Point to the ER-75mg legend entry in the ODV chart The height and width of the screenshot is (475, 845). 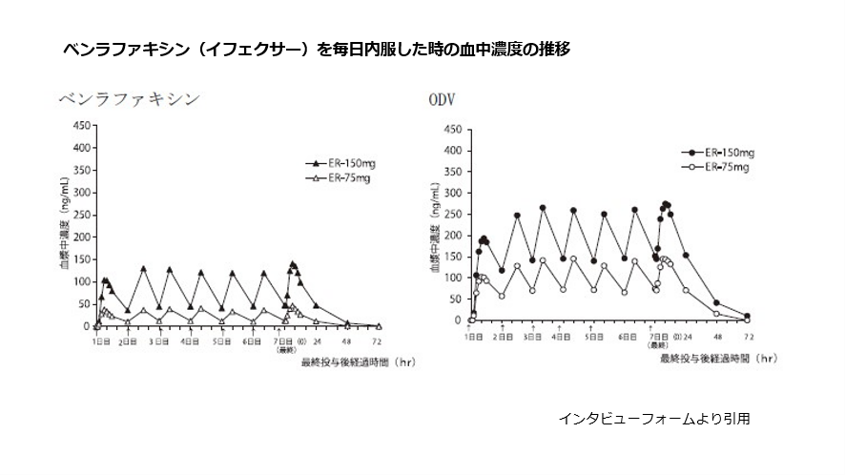click(717, 167)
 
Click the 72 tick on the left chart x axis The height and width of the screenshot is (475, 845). click(378, 340)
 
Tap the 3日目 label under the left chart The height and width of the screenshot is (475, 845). click(159, 341)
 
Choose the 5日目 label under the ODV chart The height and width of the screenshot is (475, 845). click(593, 337)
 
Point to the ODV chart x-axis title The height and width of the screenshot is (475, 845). click(715, 360)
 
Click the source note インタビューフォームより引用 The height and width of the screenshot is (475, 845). click(653, 418)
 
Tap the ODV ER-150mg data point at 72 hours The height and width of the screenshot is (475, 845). click(747, 316)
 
